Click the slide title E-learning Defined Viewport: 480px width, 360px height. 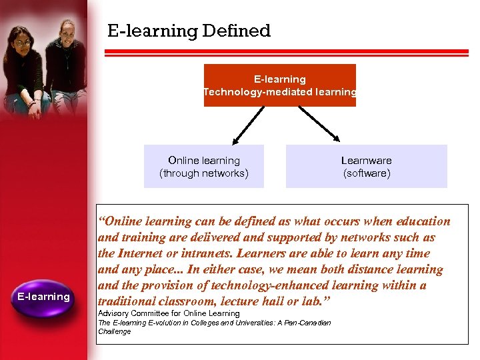pos(189,31)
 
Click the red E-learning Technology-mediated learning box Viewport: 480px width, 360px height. pos(279,85)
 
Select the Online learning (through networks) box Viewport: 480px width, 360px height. pos(204,167)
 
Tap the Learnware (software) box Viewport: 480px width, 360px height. pos(366,167)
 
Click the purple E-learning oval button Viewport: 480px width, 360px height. pos(43,297)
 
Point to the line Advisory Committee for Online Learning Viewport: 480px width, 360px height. pos(169,313)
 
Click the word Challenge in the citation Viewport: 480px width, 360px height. pos(115,331)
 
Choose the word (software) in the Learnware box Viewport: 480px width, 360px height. pos(366,173)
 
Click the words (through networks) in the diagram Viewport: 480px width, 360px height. pos(204,173)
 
